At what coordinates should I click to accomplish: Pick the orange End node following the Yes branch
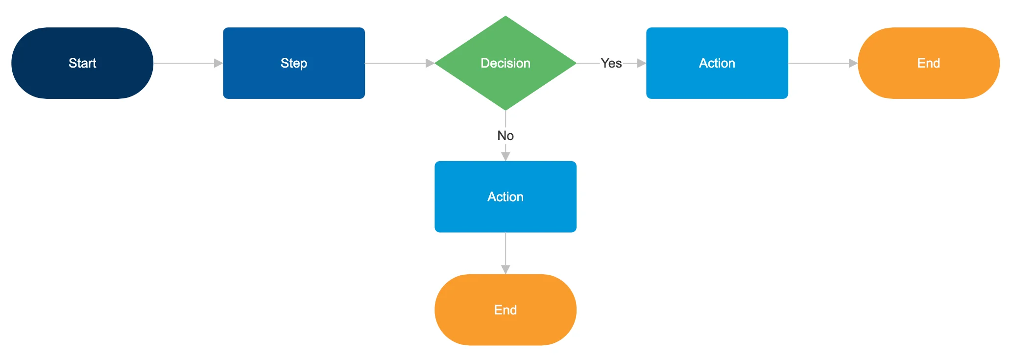coord(929,63)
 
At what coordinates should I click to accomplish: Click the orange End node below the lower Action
coord(506,310)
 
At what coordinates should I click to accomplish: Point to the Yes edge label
coord(611,63)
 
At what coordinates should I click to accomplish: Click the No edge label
coord(506,136)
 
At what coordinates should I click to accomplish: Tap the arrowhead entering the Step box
coord(218,63)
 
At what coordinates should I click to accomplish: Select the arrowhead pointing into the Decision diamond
coord(430,63)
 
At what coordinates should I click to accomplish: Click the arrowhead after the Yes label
coord(641,63)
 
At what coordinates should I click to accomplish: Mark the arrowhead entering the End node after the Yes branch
coord(853,63)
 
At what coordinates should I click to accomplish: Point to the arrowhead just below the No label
coord(506,156)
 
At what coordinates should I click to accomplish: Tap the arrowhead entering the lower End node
coord(506,269)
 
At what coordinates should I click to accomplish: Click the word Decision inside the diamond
coord(506,63)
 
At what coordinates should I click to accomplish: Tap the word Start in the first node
coord(82,63)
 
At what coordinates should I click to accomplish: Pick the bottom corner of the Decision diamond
coord(506,109)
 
